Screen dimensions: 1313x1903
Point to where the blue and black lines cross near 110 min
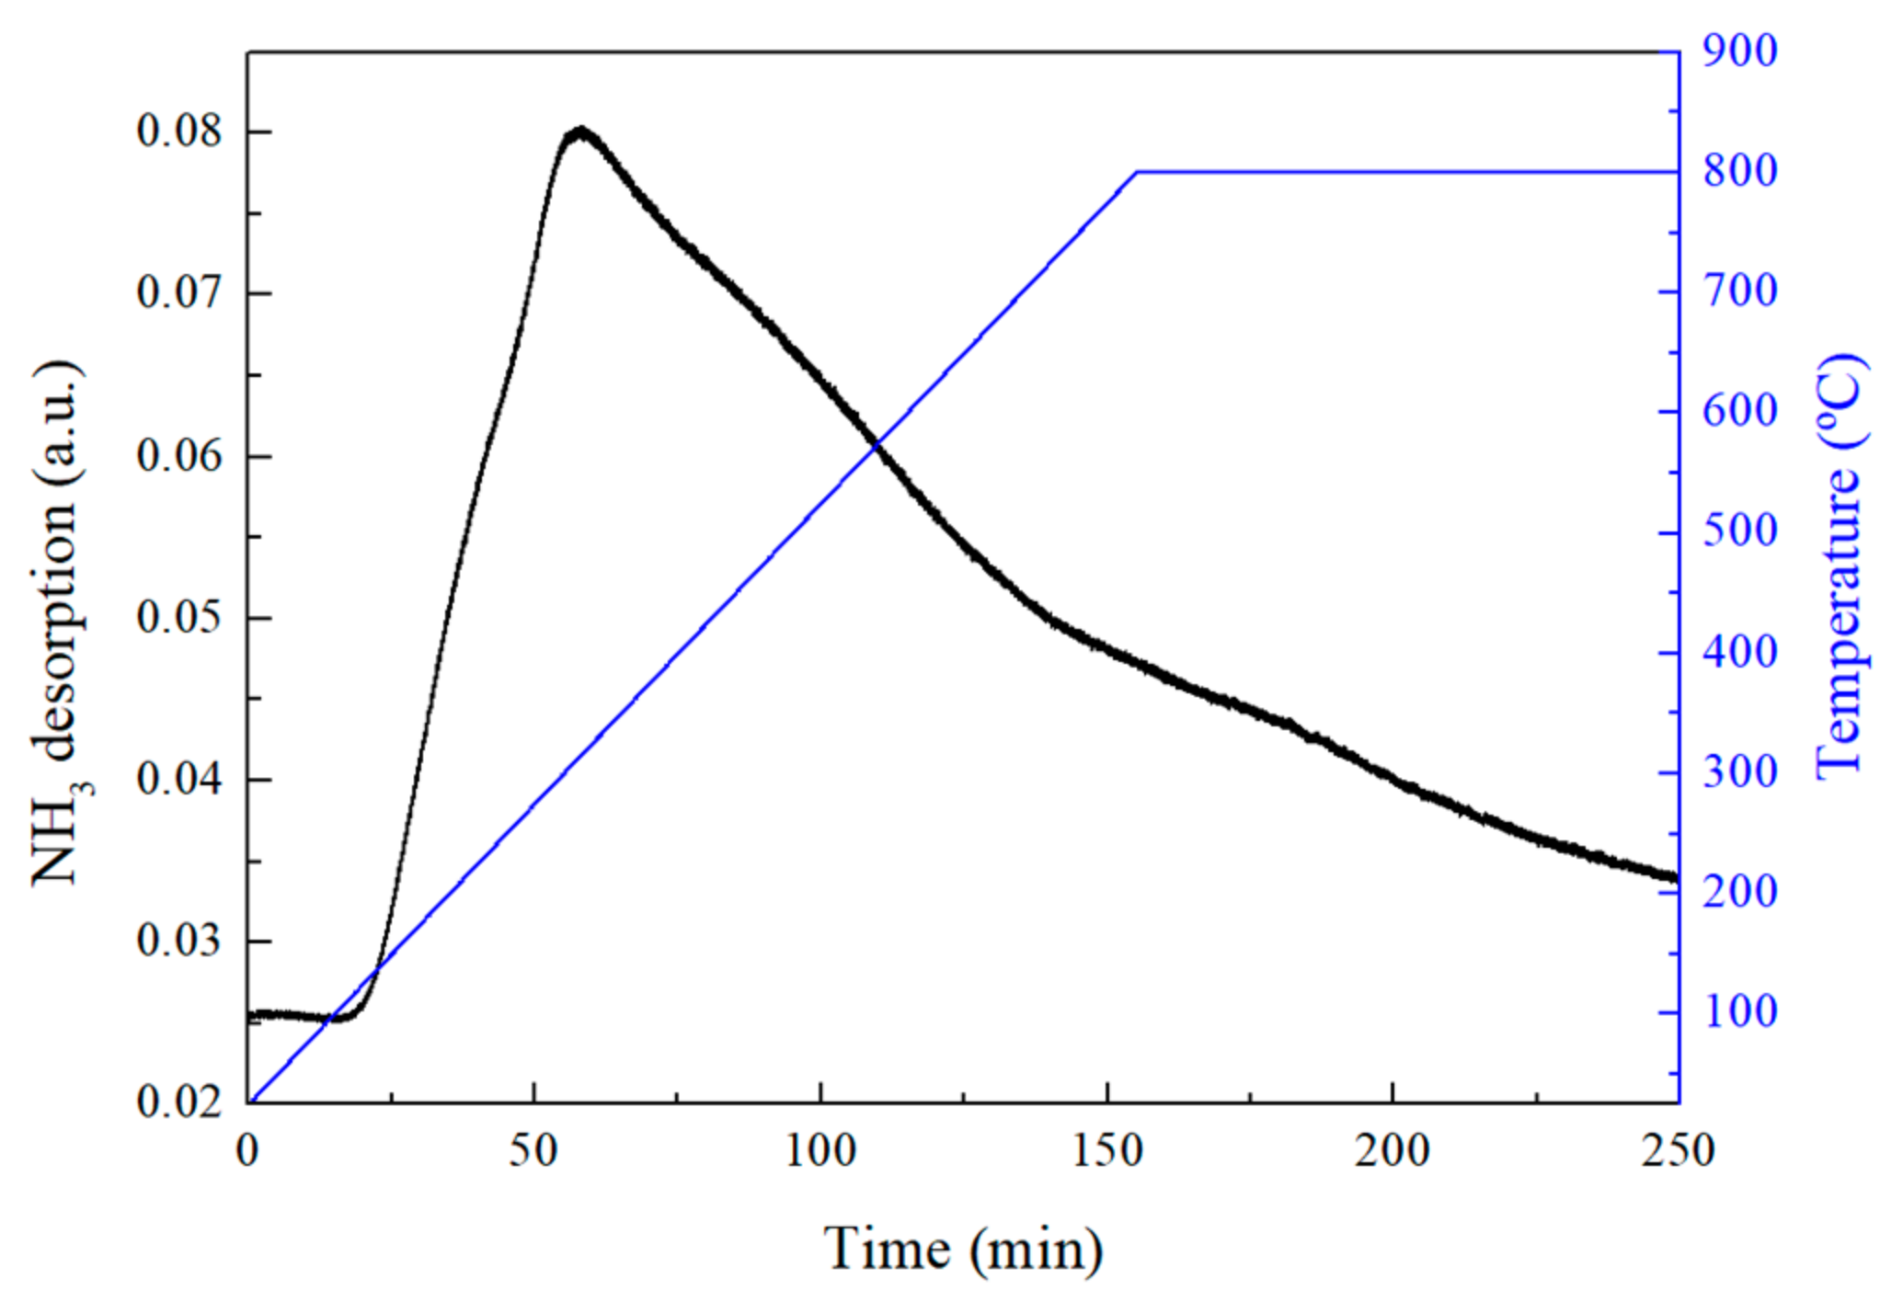(x=877, y=445)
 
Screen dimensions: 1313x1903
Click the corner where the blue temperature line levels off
(x=1138, y=172)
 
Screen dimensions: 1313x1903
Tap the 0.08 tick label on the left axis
(x=179, y=131)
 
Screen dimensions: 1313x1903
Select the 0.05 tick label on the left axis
(x=179, y=617)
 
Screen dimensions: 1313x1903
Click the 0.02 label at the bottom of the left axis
(x=179, y=1101)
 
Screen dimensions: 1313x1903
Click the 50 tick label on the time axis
(x=533, y=1151)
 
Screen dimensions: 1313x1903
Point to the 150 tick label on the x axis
(x=1106, y=1151)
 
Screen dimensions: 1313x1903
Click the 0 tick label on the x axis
(x=247, y=1151)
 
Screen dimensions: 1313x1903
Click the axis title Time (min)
(x=962, y=1250)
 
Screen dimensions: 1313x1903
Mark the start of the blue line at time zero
(x=251, y=1099)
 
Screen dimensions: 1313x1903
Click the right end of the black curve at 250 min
(x=1674, y=877)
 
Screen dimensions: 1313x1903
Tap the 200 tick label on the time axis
(x=1392, y=1151)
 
